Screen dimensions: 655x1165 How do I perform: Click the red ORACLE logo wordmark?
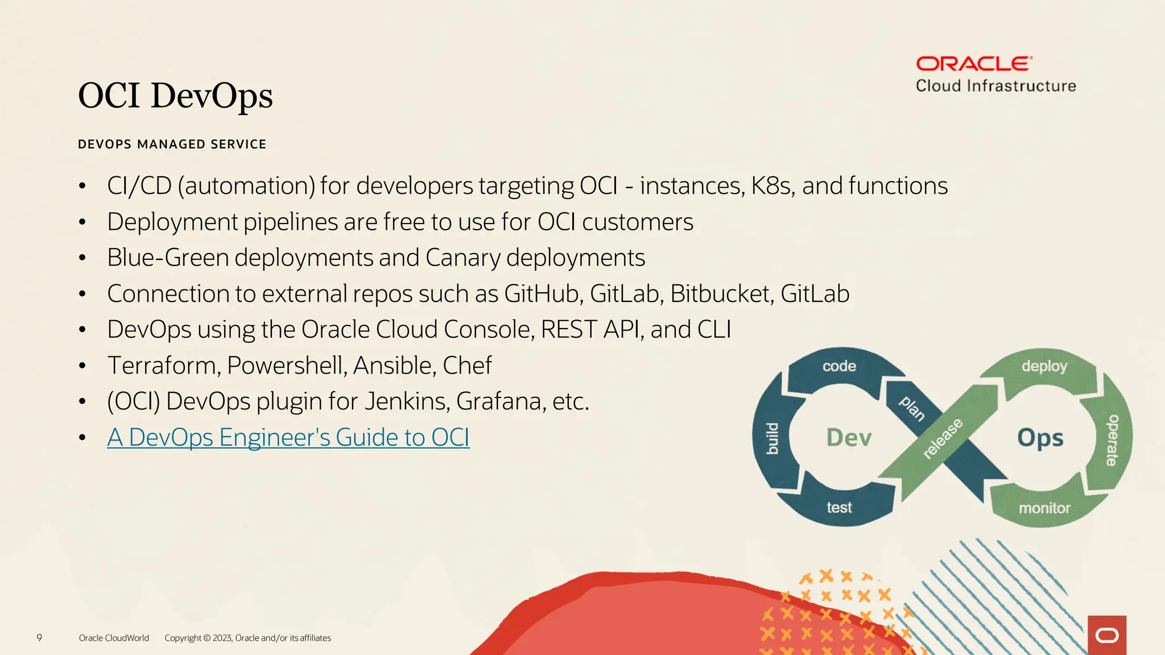[974, 64]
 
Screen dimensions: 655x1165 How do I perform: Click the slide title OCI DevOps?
[175, 96]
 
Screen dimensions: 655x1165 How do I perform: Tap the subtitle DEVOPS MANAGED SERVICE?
[172, 144]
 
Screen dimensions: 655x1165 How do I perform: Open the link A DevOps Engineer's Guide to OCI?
[288, 437]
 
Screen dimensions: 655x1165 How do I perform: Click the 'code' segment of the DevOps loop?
[839, 366]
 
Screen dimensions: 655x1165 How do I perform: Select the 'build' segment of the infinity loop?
[771, 438]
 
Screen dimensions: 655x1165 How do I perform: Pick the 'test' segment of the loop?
[839, 507]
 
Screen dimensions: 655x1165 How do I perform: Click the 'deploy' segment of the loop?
[1044, 366]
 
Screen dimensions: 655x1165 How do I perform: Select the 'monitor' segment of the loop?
[1044, 508]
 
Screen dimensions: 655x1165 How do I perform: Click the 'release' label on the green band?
[943, 438]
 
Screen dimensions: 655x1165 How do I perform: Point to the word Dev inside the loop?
[849, 438]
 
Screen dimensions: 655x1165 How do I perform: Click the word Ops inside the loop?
[1040, 438]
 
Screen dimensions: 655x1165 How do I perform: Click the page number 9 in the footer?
[39, 637]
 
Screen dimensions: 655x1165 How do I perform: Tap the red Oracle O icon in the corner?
[1106, 635]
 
